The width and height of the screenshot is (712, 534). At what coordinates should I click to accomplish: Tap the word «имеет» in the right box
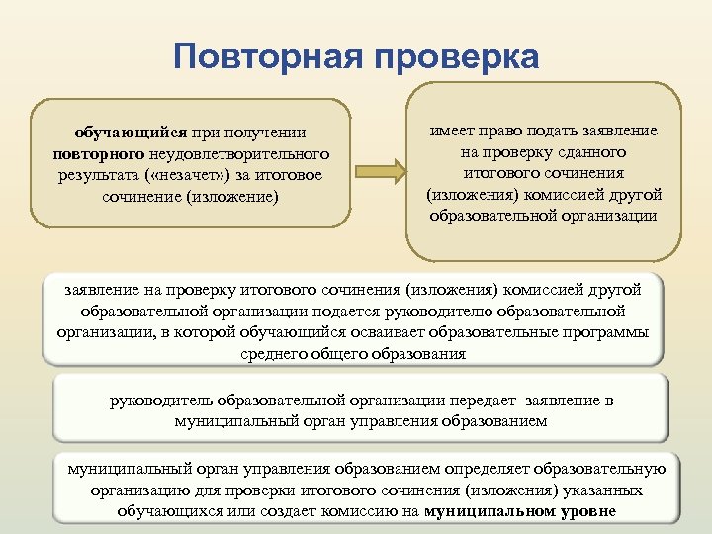point(450,131)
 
